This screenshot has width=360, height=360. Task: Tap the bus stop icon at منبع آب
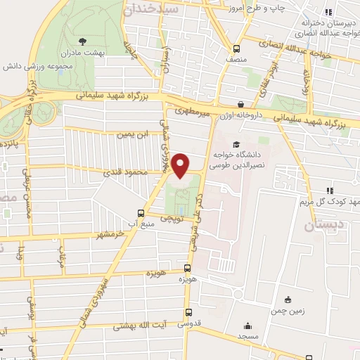[x=141, y=213]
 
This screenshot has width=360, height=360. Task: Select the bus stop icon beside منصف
[x=236, y=49]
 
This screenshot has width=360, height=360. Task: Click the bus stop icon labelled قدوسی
[x=188, y=313]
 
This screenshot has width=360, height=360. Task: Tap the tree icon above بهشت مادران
[x=84, y=41]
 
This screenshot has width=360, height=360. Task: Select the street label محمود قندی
[x=127, y=173]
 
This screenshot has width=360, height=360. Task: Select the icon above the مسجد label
[x=247, y=326]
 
